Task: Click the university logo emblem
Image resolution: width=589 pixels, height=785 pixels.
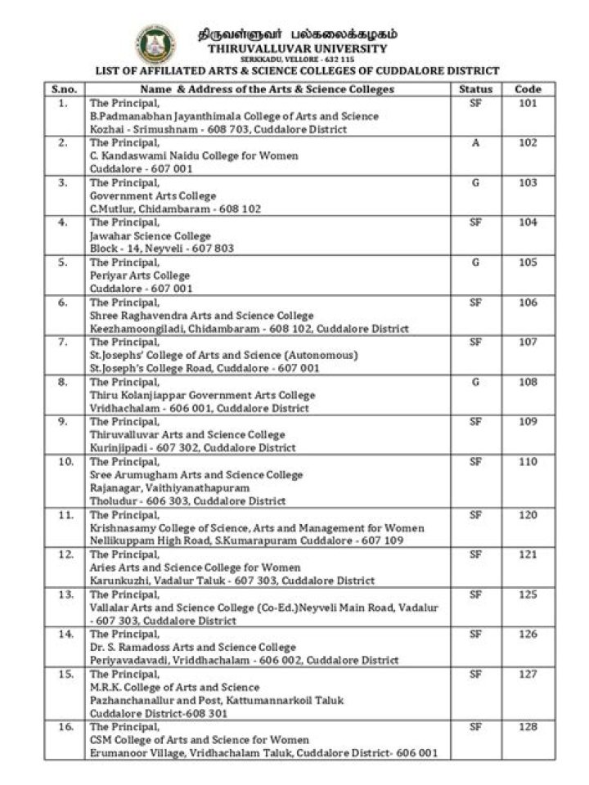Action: tap(155, 45)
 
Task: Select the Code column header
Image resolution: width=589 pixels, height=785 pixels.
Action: tap(528, 89)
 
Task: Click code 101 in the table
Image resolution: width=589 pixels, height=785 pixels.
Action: tap(528, 103)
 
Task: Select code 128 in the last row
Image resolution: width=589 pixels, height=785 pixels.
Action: tap(528, 726)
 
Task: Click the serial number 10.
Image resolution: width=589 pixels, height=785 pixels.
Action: tap(63, 462)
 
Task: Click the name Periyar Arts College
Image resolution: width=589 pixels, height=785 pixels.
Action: tap(140, 276)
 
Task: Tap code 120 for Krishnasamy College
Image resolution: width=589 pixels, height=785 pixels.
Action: tap(528, 515)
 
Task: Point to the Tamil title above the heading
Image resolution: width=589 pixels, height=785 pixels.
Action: tap(299, 34)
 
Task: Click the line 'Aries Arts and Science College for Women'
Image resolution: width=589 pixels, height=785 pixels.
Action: tap(195, 567)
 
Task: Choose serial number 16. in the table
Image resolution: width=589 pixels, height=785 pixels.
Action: tap(63, 726)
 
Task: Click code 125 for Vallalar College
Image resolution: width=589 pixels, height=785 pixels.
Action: tap(528, 594)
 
